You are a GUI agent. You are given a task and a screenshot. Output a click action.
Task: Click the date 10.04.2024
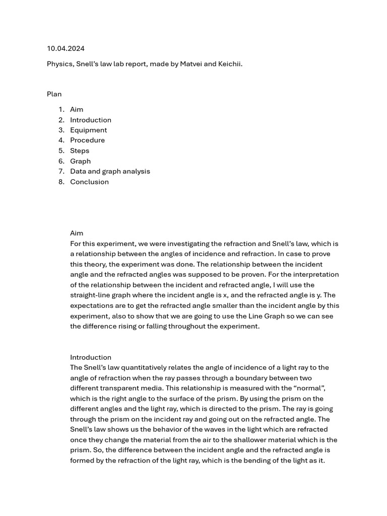pos(66,48)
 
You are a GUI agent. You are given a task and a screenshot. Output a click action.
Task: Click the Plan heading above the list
pos(54,94)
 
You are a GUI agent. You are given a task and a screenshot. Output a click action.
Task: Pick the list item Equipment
pos(88,130)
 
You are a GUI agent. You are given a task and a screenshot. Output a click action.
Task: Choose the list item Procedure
pos(87,140)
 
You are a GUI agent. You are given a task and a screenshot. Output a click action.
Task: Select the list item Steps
pos(80,151)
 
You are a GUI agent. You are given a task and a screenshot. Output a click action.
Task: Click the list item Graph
pos(80,161)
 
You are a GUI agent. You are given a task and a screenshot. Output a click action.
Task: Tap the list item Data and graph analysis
pos(110,171)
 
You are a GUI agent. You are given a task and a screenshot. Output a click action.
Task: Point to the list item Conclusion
pos(89,182)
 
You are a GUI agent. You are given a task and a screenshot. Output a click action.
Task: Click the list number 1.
pos(61,109)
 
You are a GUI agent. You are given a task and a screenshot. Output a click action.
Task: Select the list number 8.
pos(61,182)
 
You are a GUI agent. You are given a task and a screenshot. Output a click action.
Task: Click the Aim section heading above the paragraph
pos(77,233)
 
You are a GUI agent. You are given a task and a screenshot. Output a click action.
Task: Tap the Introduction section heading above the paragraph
pos(91,357)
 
